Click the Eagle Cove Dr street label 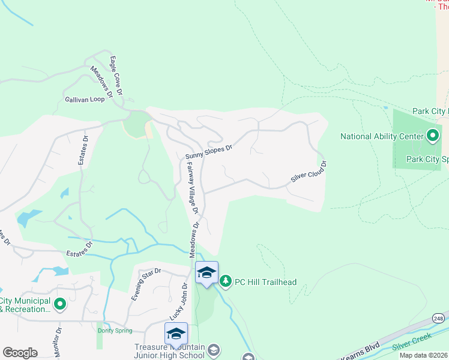click(116, 76)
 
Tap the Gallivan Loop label click(85, 99)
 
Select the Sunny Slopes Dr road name click(208, 152)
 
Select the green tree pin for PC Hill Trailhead click(226, 280)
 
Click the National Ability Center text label click(382, 136)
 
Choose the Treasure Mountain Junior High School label click(170, 350)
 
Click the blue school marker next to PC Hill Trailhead click(206, 274)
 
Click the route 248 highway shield click(439, 318)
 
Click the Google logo click(20, 353)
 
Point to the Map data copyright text click(424, 355)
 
